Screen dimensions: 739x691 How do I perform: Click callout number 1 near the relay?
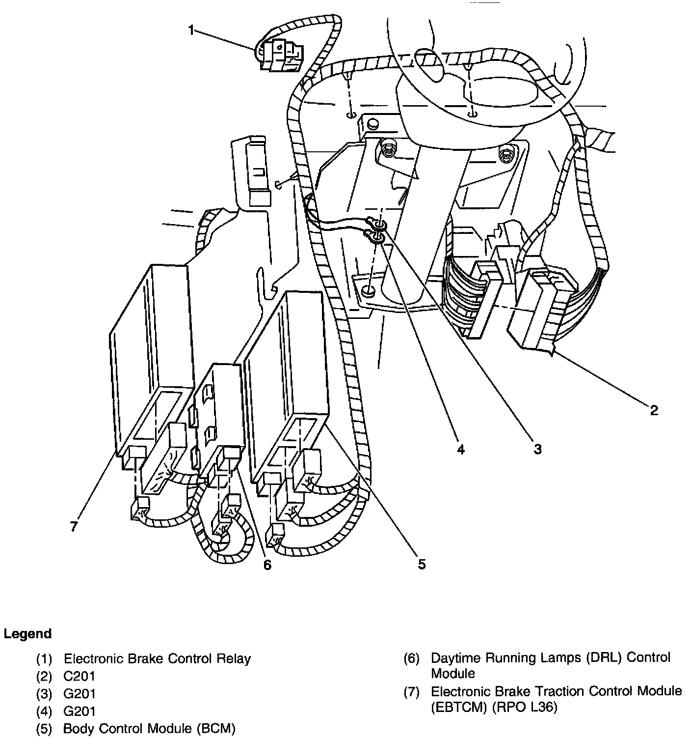click(191, 30)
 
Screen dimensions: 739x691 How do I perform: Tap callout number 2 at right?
click(653, 410)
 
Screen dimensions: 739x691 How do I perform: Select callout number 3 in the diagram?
click(537, 449)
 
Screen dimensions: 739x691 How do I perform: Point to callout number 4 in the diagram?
click(460, 449)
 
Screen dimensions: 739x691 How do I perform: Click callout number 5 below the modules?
click(422, 565)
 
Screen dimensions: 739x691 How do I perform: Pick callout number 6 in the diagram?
click(266, 565)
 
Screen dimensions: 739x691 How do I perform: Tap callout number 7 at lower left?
click(74, 526)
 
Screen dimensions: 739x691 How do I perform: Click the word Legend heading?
click(27, 634)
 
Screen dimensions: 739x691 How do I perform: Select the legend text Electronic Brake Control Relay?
click(157, 658)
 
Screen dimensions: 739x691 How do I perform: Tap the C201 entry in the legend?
click(80, 676)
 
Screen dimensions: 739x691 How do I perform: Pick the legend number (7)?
click(411, 692)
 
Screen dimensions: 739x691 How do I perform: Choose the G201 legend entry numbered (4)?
click(80, 711)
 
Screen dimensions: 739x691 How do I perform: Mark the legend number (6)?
click(411, 658)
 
